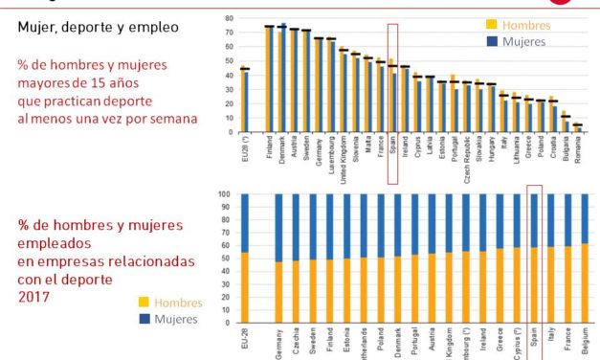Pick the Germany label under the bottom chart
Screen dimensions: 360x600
pos(278,344)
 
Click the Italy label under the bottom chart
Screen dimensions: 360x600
pos(550,340)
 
